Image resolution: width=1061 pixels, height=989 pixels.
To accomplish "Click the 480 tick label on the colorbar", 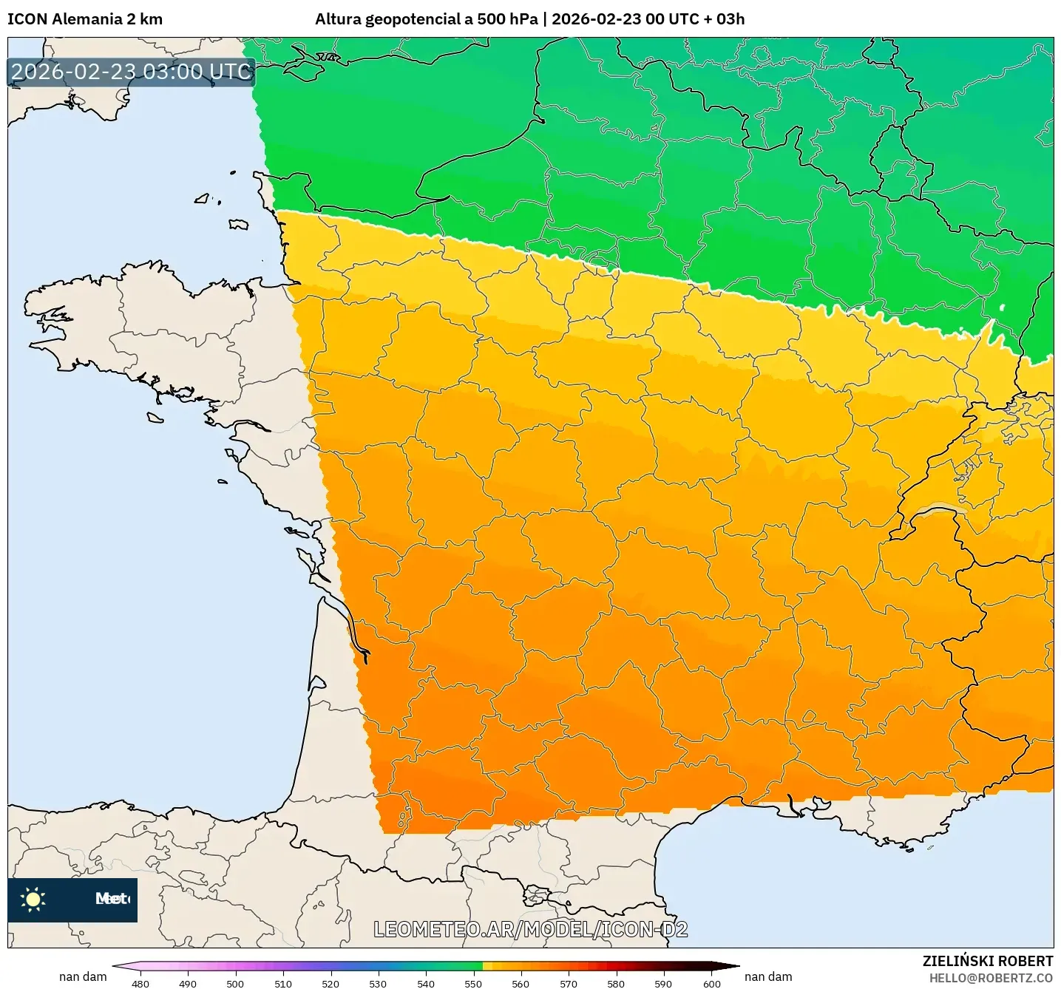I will coord(140,983).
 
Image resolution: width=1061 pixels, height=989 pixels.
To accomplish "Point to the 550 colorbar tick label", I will coord(473,983).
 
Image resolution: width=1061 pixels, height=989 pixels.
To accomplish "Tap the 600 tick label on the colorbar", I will coord(711,983).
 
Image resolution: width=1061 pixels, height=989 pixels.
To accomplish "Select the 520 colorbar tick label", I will coord(330,983).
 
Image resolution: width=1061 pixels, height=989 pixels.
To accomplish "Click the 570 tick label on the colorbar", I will coord(569,983).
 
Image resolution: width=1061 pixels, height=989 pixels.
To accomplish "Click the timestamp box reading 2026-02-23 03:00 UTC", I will coord(132,72).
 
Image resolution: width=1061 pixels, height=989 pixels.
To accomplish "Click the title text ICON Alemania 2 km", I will coord(85,19).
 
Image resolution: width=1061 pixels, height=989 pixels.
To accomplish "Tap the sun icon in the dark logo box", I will coord(33,899).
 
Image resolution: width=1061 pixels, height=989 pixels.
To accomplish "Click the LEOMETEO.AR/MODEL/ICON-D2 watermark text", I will coord(530,929).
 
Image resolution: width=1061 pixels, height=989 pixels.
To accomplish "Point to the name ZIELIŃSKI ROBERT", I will coord(987,961).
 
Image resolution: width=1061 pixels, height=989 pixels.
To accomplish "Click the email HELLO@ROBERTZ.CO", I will coord(991,978).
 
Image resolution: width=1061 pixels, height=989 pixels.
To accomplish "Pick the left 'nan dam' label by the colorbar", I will coord(83,976).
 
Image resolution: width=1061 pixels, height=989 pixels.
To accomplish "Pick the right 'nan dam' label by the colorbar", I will coord(768,976).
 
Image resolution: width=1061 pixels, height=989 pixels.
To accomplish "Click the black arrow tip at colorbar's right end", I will coord(732,965).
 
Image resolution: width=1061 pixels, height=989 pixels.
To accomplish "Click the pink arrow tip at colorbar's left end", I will coord(118,965).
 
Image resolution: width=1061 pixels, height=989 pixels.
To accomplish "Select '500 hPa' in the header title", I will coord(508,19).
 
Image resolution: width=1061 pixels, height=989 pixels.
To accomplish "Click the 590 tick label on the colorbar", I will coord(663,983).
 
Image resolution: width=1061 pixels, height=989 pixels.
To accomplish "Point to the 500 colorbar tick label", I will coord(235,983).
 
